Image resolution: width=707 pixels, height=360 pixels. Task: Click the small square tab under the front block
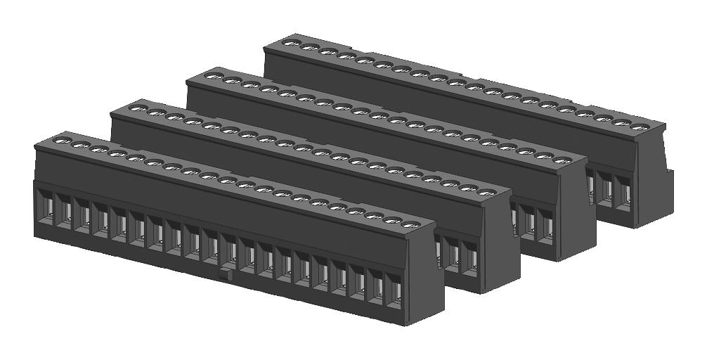point(225,274)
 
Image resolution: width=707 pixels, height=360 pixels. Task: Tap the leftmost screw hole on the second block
point(138,109)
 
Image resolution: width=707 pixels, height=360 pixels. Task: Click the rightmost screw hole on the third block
point(562,160)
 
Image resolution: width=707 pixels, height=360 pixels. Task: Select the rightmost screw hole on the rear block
point(639,127)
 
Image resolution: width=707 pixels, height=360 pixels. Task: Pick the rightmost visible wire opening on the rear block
point(622,191)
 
